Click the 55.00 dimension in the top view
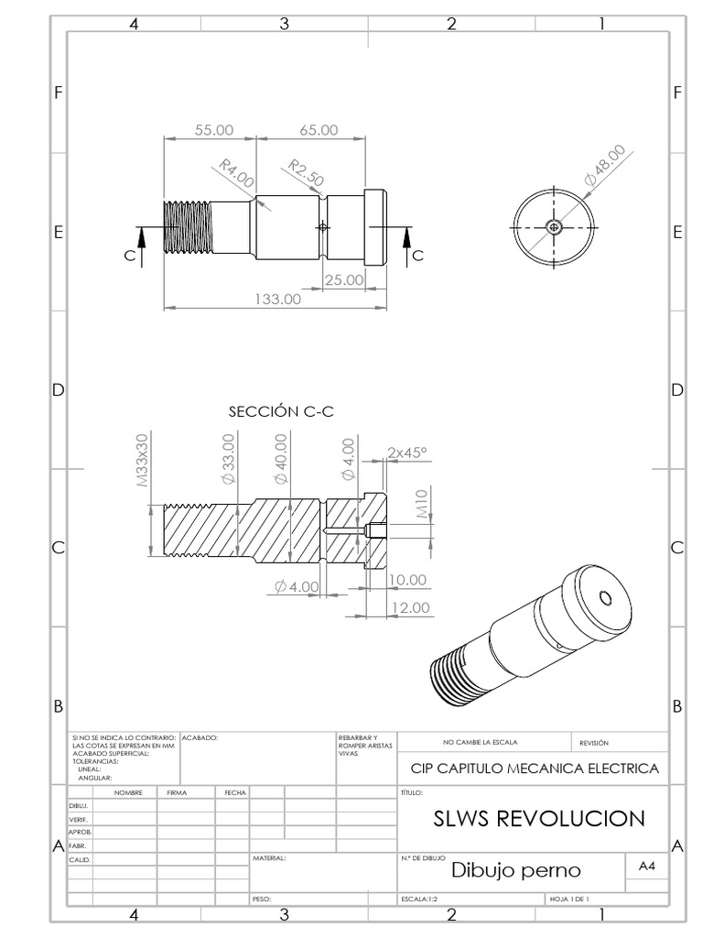pos(214,131)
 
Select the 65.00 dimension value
pos(318,131)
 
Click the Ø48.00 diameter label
pos(605,166)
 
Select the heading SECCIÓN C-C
pos(281,412)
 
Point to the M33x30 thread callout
pos(143,460)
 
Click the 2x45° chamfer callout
pos(407,453)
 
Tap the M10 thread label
pos(423,504)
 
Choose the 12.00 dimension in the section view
pos(407,607)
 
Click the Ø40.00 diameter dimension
pos(281,460)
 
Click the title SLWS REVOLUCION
pos(538,818)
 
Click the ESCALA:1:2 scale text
pos(420,900)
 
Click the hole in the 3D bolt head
pos(604,599)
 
